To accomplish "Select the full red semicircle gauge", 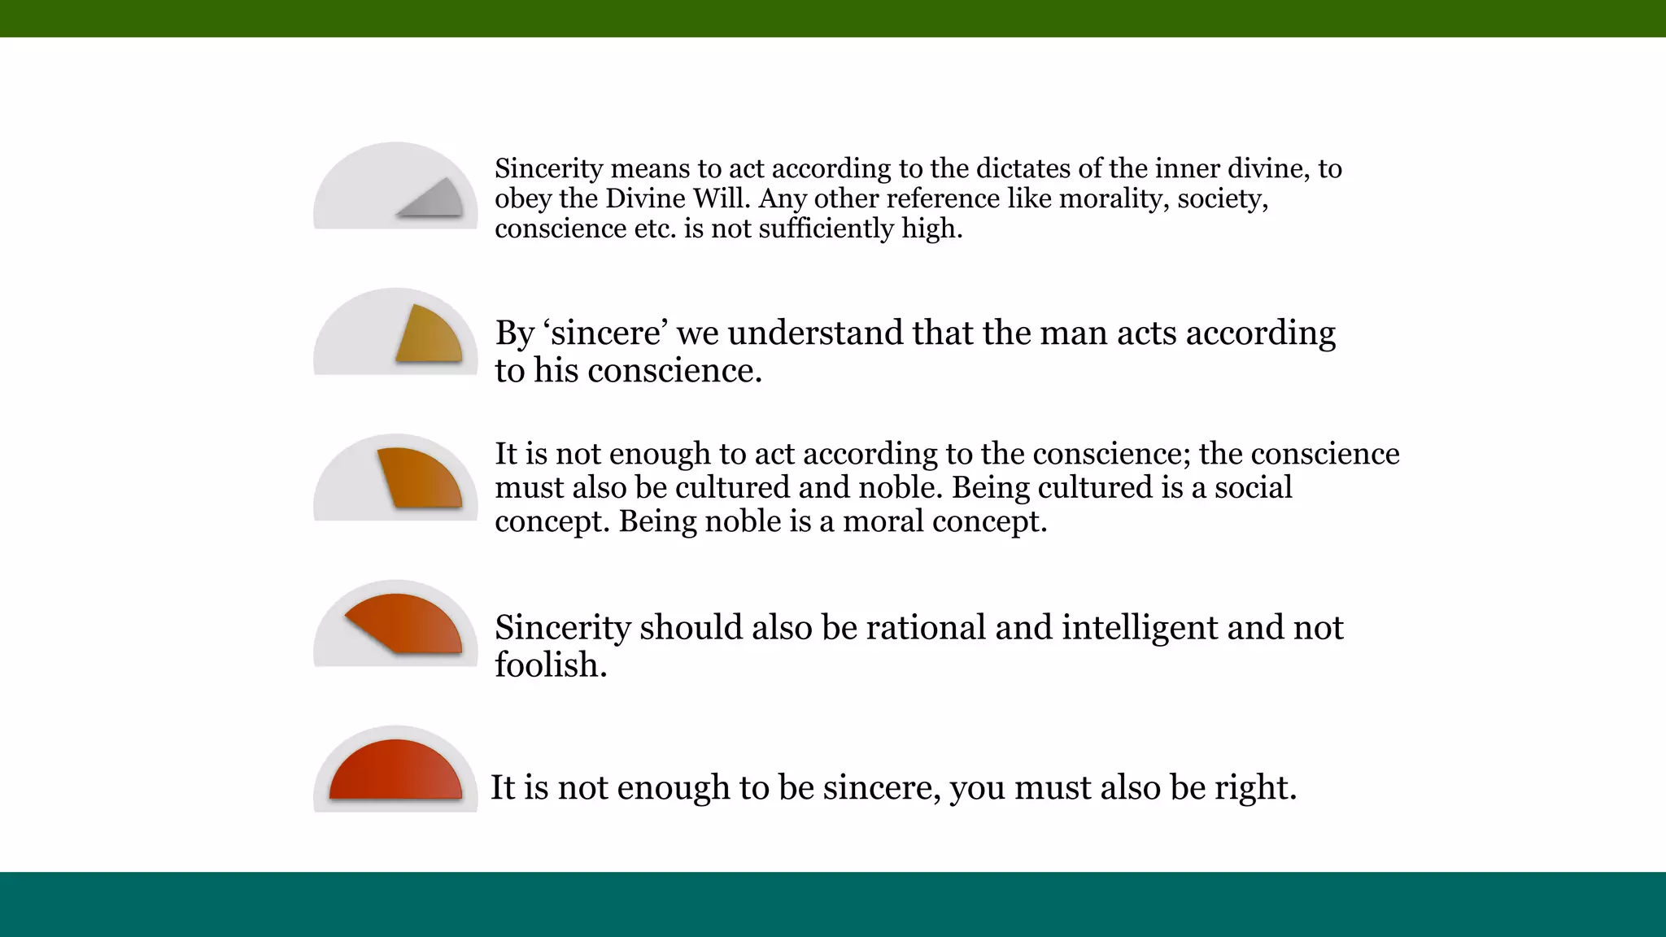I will (396, 773).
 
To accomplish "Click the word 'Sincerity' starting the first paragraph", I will (548, 168).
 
